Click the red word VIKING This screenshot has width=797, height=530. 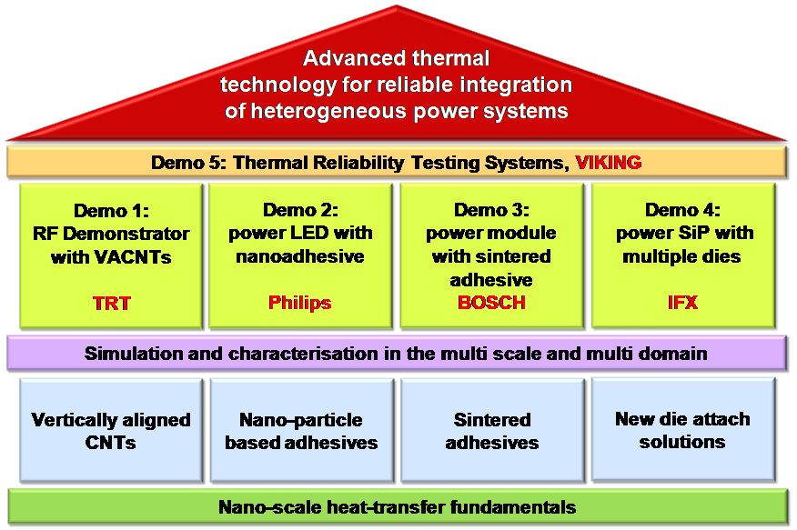608,163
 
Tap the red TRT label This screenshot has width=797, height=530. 111,304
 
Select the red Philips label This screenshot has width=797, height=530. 299,303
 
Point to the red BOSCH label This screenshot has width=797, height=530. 491,303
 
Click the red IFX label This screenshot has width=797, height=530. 681,303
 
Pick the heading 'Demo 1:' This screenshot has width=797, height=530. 111,212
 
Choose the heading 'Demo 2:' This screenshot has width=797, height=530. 299,210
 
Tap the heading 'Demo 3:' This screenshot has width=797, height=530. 491,210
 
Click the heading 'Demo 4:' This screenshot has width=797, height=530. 681,210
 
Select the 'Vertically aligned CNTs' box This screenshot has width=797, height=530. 111,432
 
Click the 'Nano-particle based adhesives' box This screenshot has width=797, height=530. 301,432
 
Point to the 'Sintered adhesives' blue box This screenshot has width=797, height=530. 492,432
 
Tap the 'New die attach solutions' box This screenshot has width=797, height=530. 682,429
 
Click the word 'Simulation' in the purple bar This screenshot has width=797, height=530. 131,354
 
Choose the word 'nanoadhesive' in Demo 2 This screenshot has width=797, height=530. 299,256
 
